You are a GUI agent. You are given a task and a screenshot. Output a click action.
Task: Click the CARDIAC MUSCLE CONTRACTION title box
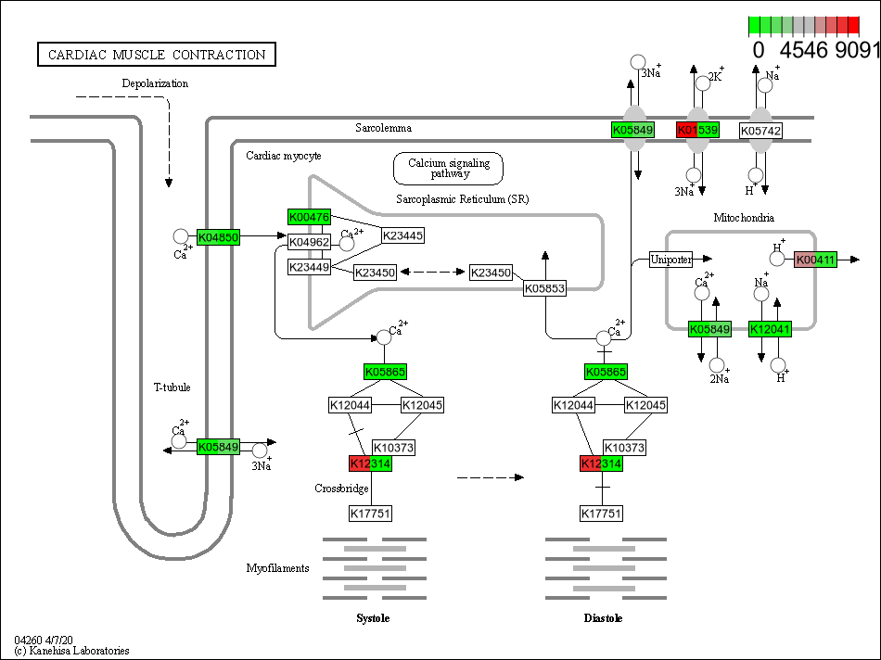[x=156, y=55]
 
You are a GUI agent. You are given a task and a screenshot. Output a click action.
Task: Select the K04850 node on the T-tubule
[x=219, y=237]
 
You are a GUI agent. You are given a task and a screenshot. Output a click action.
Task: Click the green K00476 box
[x=310, y=218]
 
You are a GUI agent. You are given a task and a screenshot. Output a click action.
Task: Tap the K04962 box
[x=310, y=243]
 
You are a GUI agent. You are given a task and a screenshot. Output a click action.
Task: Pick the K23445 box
[x=402, y=235]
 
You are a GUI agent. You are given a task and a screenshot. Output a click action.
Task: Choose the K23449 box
[x=310, y=267]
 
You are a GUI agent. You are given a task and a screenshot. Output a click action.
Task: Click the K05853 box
[x=544, y=288]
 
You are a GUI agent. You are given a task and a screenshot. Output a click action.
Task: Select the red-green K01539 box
[x=697, y=131]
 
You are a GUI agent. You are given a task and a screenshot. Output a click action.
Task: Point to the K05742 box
[x=760, y=131]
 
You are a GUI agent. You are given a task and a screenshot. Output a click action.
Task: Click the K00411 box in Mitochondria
[x=816, y=260]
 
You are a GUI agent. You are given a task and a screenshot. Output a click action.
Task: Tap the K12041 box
[x=770, y=328]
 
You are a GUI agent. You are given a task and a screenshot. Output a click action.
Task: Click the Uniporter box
[x=671, y=259]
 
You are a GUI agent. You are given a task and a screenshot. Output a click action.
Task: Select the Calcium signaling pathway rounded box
[x=449, y=168]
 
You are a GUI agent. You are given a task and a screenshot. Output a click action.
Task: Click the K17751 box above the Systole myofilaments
[x=371, y=513]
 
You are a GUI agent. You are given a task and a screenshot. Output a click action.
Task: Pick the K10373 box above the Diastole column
[x=625, y=448]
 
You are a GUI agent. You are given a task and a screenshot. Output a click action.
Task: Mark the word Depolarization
[x=155, y=83]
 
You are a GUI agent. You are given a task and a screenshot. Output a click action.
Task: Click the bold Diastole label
[x=603, y=618]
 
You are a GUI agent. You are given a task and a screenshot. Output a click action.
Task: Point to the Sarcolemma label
[x=383, y=128]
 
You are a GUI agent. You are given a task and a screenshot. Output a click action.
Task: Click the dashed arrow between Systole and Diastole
[x=490, y=476]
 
